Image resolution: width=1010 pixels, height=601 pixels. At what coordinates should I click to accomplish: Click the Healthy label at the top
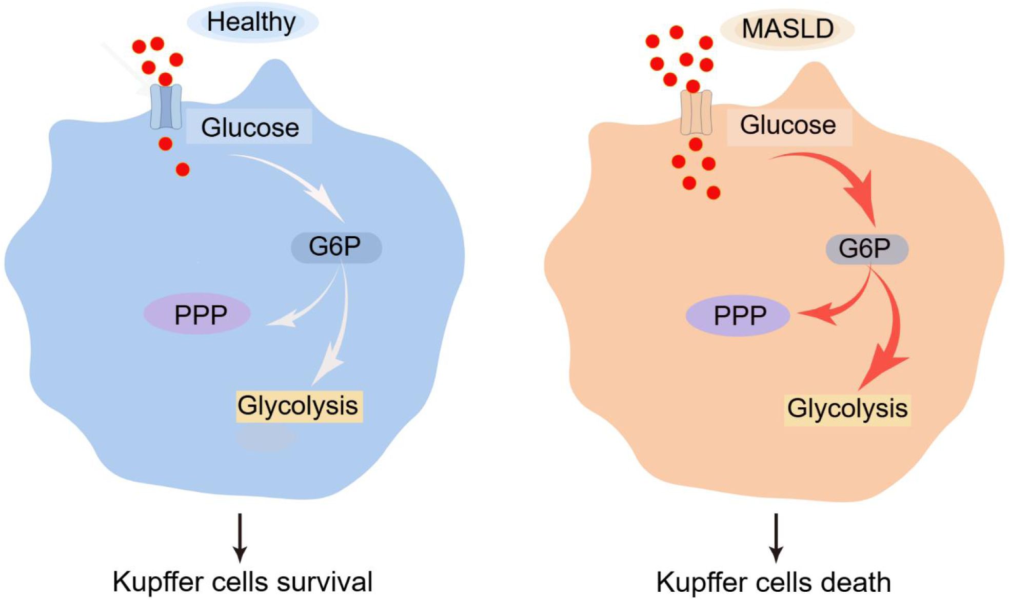tap(252, 22)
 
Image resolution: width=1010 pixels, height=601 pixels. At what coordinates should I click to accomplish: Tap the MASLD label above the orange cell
tap(787, 29)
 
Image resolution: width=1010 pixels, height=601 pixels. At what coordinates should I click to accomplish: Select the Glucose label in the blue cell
tap(249, 127)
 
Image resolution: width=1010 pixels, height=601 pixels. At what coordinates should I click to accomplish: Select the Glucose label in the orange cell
tap(788, 125)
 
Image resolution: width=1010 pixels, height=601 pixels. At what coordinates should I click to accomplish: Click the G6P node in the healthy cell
tap(335, 247)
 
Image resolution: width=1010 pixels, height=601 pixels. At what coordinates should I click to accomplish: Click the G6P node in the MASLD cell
tap(866, 249)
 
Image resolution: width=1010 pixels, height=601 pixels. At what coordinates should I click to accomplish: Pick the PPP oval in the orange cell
tap(738, 316)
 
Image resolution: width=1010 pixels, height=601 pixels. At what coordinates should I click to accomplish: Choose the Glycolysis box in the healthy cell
tap(299, 406)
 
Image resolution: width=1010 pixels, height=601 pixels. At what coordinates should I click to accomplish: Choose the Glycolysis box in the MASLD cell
tap(847, 409)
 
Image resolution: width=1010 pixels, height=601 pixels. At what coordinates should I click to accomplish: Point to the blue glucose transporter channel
tap(166, 107)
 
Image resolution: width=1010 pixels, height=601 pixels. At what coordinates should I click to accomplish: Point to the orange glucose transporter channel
tap(696, 113)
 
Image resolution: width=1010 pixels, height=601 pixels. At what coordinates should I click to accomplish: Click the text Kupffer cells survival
tap(243, 582)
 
